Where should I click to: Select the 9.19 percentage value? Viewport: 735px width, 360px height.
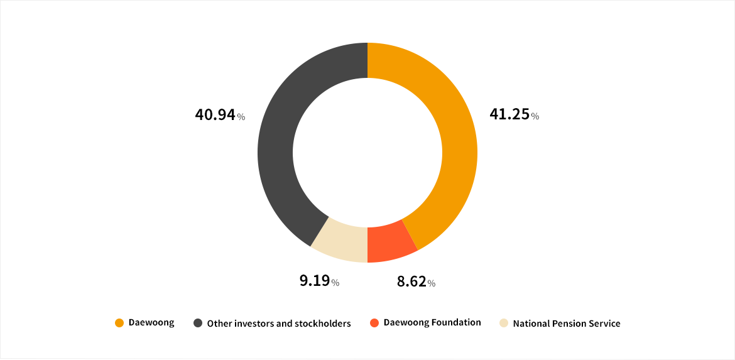[x=315, y=281]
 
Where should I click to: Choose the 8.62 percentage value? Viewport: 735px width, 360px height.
[x=411, y=281]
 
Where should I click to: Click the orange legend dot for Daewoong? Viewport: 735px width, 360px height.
[x=119, y=323]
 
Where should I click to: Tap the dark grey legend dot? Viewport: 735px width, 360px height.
[x=197, y=323]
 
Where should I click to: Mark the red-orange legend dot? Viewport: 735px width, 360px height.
[x=374, y=323]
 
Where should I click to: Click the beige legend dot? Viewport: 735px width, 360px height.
[x=504, y=323]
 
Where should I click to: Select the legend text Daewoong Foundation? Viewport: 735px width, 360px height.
[x=432, y=322]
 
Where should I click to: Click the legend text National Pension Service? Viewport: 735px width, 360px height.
[x=567, y=324]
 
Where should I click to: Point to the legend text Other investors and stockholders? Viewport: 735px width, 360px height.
[x=279, y=324]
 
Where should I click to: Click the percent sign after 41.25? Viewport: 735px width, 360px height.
[x=535, y=116]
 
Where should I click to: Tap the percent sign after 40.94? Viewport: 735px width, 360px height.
[x=241, y=116]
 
